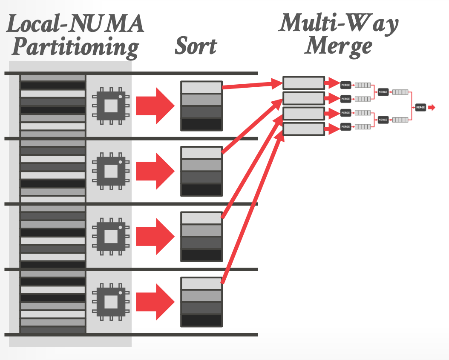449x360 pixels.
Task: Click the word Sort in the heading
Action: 196,46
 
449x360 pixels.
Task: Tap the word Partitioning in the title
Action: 75,47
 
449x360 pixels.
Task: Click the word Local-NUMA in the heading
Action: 75,24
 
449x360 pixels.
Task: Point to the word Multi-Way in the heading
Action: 339,23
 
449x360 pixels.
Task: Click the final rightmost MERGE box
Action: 420,108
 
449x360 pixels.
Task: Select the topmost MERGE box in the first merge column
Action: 345,85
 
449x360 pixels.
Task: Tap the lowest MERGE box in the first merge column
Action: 345,127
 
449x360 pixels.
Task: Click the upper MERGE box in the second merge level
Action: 383,92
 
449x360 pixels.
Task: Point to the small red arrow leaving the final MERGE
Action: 432,108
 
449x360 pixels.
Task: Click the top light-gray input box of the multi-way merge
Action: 304,83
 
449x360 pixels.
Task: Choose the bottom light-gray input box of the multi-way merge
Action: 304,129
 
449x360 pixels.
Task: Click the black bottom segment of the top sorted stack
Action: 201,124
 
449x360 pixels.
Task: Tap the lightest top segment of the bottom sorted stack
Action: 201,283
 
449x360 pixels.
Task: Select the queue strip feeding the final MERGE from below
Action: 400,120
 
